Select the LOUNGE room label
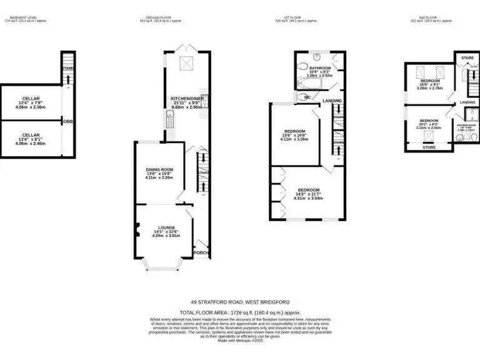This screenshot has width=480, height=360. click(166, 227)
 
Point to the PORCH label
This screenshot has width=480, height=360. click(201, 252)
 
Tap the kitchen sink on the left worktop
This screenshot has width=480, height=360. click(169, 117)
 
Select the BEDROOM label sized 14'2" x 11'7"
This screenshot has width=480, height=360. click(308, 189)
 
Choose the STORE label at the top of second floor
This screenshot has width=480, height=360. click(467, 58)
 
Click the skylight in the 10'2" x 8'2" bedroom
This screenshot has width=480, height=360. click(429, 136)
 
